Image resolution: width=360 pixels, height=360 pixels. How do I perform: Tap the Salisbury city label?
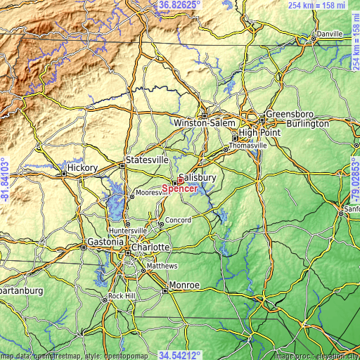click(x=198, y=178)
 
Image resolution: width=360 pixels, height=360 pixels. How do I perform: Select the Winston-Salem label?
click(x=204, y=123)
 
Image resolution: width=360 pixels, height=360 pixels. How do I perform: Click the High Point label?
click(x=259, y=132)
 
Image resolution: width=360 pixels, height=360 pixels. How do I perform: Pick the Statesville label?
click(x=147, y=160)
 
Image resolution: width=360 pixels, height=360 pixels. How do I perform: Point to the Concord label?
click(x=178, y=221)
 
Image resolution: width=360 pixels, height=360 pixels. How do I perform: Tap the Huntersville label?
click(x=127, y=230)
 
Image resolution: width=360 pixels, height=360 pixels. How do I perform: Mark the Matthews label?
click(x=162, y=266)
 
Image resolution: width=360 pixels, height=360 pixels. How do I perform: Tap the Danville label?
click(x=329, y=34)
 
